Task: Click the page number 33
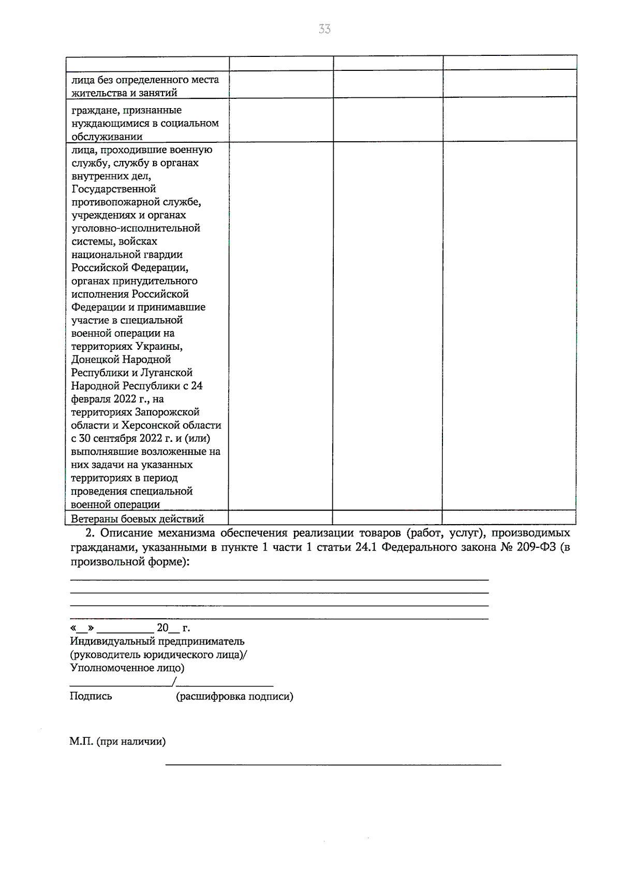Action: [x=324, y=29]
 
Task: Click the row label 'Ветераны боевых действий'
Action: [x=138, y=518]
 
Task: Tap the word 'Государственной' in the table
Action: [x=113, y=189]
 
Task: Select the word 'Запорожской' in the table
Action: [x=167, y=412]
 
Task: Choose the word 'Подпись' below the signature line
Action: [x=91, y=696]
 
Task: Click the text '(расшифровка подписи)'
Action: [x=234, y=696]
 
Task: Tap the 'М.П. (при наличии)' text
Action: [x=117, y=741]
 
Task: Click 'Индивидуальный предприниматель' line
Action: [x=157, y=641]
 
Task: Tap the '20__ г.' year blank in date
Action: [x=173, y=628]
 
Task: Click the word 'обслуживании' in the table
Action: [x=107, y=137]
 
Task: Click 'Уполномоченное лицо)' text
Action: [x=127, y=667]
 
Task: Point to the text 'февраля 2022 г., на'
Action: [x=117, y=399]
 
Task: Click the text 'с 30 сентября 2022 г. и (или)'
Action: [x=140, y=438]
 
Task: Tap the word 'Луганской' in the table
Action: [x=167, y=373]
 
